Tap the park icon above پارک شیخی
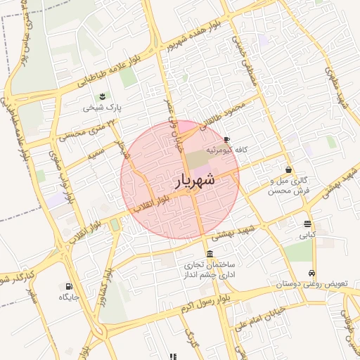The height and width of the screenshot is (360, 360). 103,96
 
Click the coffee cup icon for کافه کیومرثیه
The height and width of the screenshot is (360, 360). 226,140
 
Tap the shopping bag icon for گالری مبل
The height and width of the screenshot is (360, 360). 289,169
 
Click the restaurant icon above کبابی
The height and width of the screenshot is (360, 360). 308,225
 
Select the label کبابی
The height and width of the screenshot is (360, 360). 309,236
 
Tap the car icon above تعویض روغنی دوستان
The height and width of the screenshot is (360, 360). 312,274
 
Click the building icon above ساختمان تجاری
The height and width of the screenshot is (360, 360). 210,254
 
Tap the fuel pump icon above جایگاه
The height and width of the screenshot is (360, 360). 68,286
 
